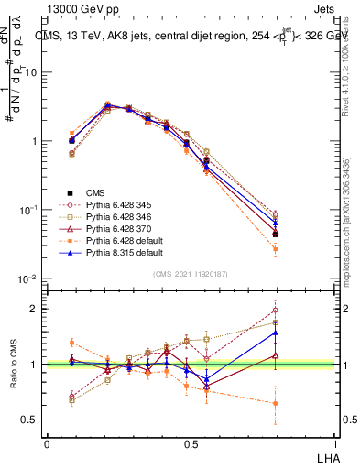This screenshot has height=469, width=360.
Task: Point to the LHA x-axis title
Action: tap(326, 457)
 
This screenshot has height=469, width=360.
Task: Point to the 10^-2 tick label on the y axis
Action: tap(27, 278)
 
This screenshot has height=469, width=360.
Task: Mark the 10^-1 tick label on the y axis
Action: tap(27, 210)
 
